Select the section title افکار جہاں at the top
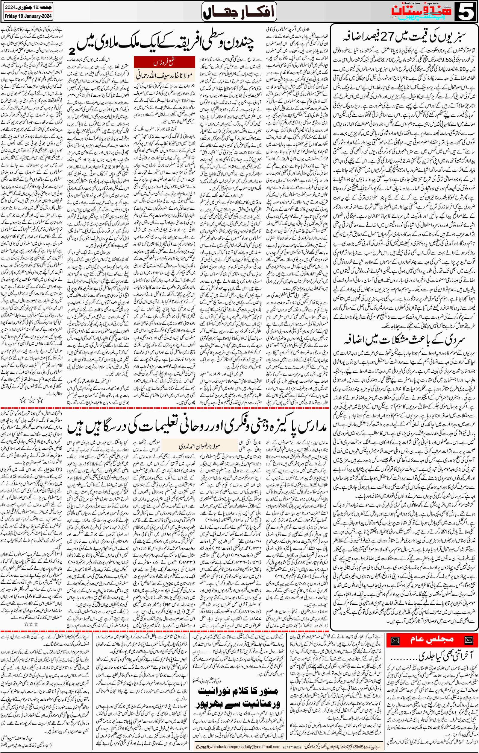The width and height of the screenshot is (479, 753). [239, 12]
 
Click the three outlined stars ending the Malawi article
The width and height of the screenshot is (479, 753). [31, 399]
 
